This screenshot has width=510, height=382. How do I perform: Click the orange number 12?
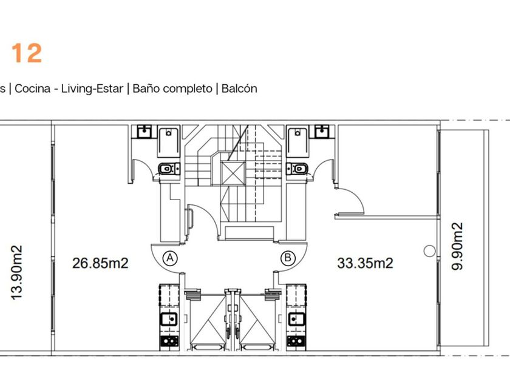(27, 53)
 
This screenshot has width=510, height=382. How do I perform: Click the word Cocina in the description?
(33, 89)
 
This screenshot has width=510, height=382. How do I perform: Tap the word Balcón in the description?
(239, 89)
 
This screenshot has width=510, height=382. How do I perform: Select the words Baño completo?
(172, 89)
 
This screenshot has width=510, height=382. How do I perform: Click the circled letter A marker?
(170, 258)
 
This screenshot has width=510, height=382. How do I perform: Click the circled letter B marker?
(288, 258)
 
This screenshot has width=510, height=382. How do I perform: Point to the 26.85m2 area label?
(100, 263)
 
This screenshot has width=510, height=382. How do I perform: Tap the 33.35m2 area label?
(365, 263)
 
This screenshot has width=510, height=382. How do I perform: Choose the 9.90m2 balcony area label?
(457, 246)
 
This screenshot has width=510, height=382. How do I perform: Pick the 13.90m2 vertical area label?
(16, 272)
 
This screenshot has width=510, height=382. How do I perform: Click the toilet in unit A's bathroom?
(169, 169)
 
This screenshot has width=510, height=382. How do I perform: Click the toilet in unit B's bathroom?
(297, 169)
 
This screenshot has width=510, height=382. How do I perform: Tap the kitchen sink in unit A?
(169, 319)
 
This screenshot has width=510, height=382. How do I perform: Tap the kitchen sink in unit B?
(296, 319)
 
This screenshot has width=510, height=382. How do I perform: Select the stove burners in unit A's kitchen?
(169, 341)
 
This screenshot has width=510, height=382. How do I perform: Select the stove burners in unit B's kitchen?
(296, 341)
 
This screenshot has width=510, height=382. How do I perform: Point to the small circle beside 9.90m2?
(429, 251)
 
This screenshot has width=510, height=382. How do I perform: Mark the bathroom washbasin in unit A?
(144, 132)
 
